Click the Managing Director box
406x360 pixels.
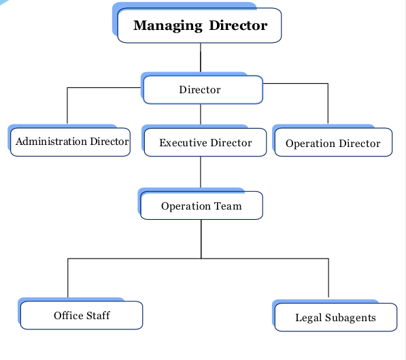199,25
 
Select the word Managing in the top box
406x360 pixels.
168,26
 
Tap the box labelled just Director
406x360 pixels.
203,90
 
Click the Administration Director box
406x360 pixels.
70,142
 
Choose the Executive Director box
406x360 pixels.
205,142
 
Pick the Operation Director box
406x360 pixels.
333,142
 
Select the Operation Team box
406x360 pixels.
201,206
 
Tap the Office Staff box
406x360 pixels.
82,315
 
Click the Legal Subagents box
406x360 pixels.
336,317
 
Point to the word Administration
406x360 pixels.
51,142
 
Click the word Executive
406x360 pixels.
183,142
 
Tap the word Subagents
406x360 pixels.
350,318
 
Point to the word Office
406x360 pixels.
69,315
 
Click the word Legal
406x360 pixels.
309,318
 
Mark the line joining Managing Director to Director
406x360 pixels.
201,58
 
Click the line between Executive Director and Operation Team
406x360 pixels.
201,172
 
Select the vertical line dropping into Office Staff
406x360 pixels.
68,278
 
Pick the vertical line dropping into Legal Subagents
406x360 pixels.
328,278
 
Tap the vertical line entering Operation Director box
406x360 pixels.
328,103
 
